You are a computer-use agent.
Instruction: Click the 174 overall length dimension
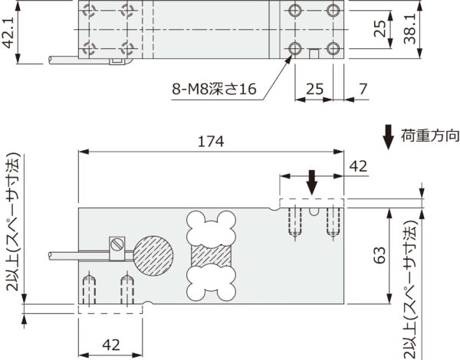tap(210, 142)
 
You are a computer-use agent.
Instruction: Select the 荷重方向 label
tap(429, 136)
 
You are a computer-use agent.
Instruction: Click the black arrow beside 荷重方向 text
tap(389, 137)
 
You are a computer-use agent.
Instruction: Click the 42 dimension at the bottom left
tap(110, 345)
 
